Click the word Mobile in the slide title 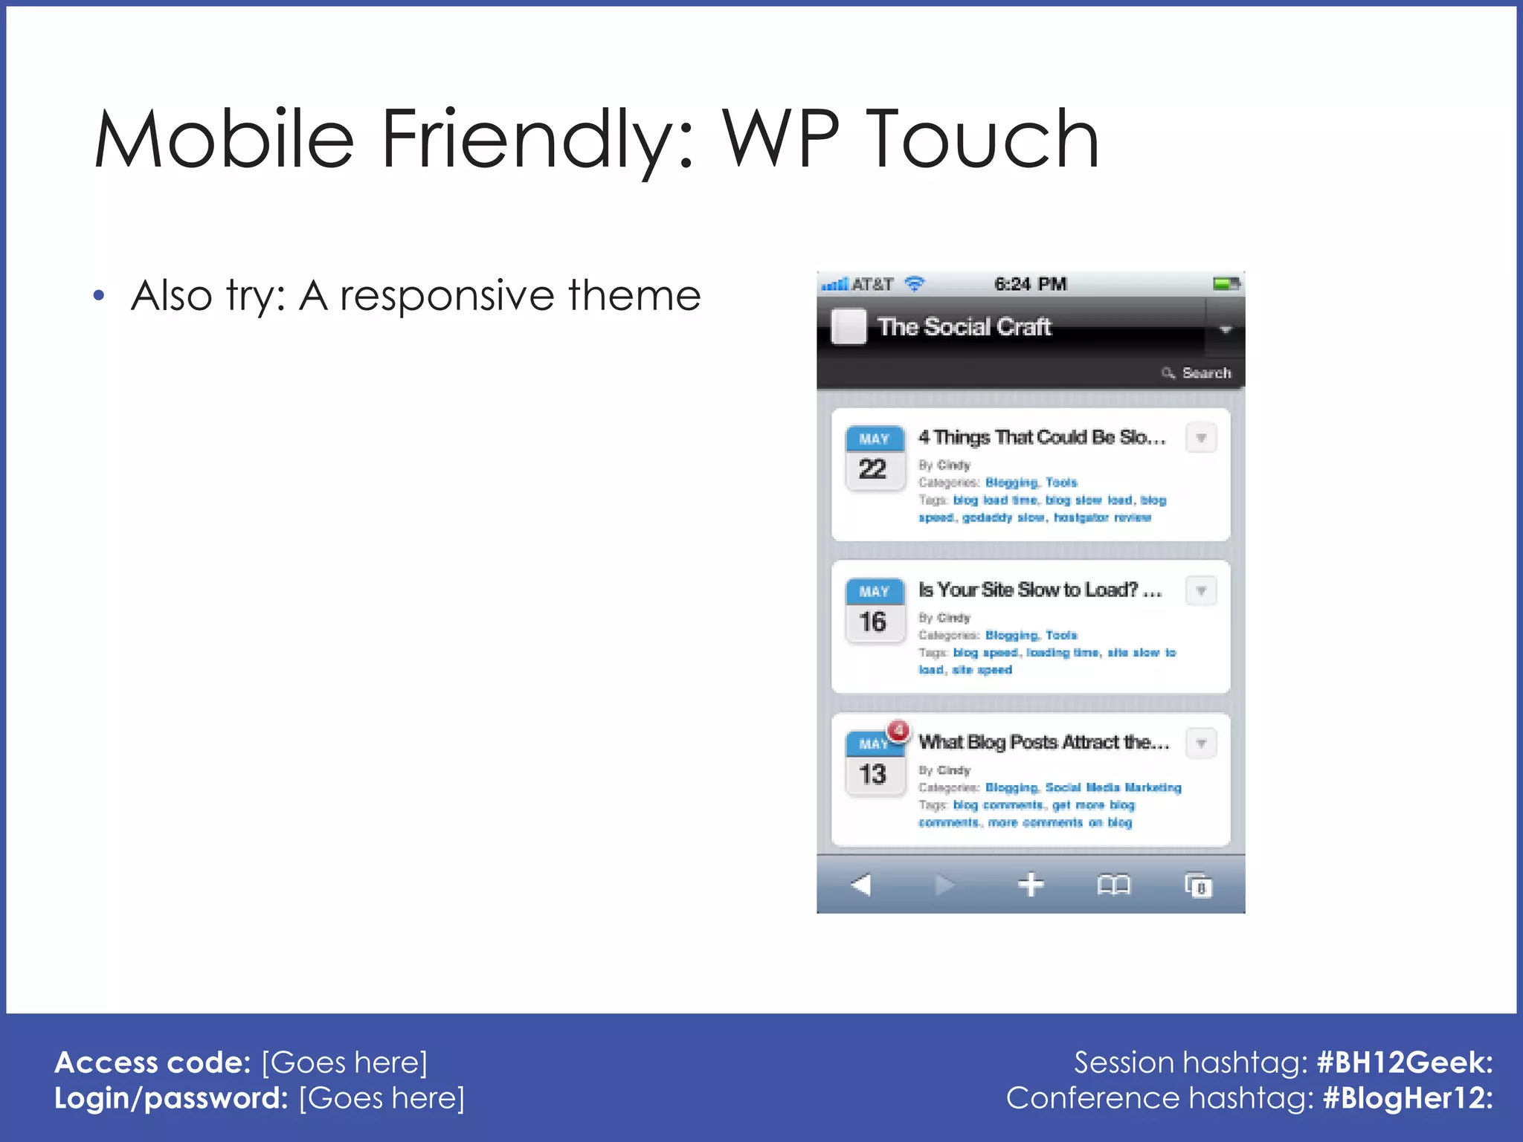(223, 139)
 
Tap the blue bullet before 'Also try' (99, 297)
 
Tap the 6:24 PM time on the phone (1030, 284)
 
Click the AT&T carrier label (872, 284)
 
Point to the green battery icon (1225, 283)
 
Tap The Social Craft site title (964, 326)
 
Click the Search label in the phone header (1205, 373)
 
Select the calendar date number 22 (873, 469)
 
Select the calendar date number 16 (873, 622)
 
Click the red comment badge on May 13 (898, 730)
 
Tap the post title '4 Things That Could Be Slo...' (1041, 437)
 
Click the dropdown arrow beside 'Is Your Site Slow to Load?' (1201, 591)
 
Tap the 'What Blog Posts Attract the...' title (1043, 742)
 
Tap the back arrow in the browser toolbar (861, 885)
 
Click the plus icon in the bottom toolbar (1031, 885)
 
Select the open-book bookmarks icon (1113, 885)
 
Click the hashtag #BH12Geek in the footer (1404, 1062)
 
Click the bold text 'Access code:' (152, 1062)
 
